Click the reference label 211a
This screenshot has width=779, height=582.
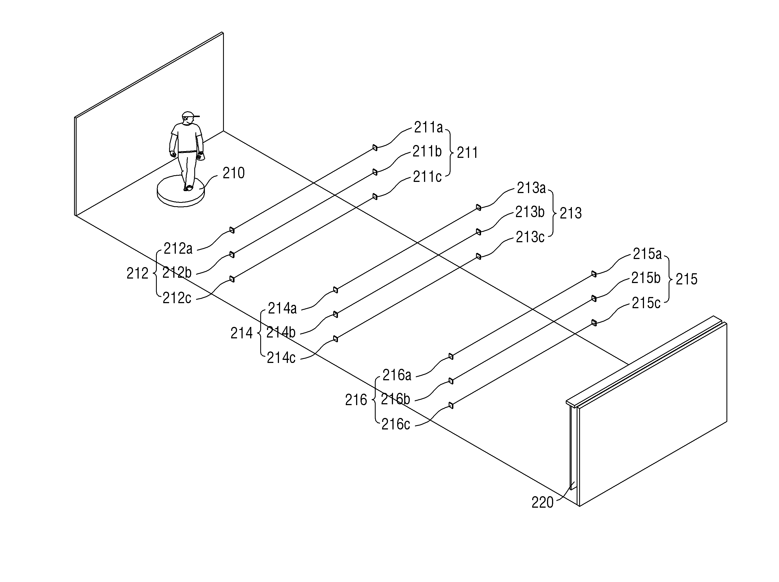point(428,127)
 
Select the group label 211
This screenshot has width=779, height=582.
point(467,153)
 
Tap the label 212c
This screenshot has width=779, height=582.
point(177,298)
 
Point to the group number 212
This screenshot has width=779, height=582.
point(137,274)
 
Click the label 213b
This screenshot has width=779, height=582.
point(530,212)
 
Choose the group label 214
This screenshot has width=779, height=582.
point(241,333)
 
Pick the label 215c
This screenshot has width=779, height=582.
point(646,303)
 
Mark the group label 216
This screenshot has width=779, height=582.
point(356,400)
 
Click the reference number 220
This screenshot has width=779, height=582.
point(542,503)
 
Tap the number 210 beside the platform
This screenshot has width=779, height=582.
point(233,173)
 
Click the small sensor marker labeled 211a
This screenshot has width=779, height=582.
point(375,148)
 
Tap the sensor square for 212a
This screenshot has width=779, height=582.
point(232,230)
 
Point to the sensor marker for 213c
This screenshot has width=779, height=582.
point(478,256)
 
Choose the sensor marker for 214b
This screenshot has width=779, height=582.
point(335,314)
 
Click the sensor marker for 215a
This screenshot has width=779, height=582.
point(594,274)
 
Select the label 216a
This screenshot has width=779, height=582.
point(397,375)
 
